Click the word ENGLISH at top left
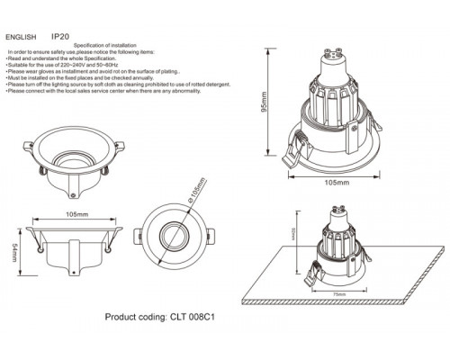coord(21,38)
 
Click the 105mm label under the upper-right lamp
coord(336,181)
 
